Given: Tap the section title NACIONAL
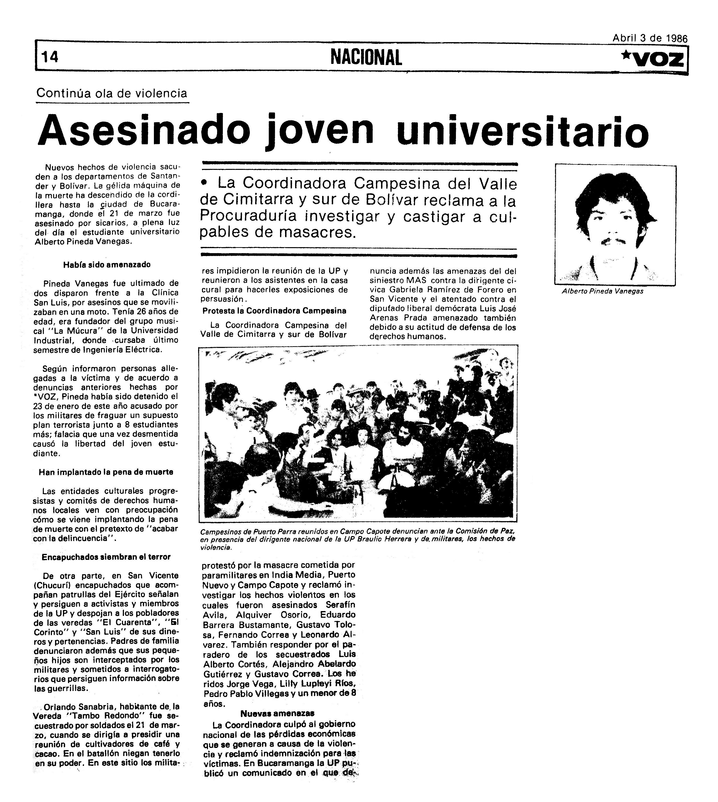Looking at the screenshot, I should [366, 58].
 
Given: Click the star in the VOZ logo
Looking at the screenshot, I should [627, 56].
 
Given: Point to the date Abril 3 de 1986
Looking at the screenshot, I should [650, 38].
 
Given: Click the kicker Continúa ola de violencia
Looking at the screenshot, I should [112, 94].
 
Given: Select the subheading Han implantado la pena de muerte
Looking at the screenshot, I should [106, 472].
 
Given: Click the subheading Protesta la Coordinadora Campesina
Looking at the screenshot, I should [274, 311].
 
